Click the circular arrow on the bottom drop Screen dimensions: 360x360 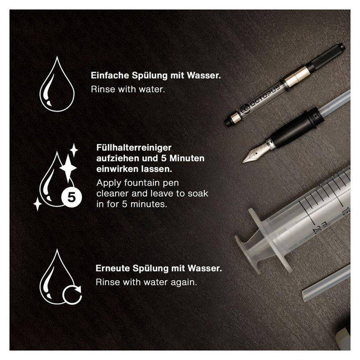tap(73, 295)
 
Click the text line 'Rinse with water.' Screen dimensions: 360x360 tap(128, 89)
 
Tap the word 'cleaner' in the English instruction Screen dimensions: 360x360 tap(110, 193)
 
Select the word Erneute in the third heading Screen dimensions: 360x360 tap(112, 268)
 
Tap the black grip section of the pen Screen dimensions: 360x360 tap(293, 131)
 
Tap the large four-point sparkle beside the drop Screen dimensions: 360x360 tap(68, 169)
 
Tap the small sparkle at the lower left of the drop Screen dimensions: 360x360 tap(37, 204)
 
